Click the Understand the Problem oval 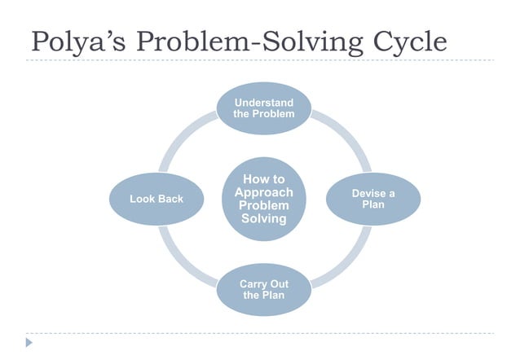click(263, 108)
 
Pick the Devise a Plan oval click(373, 199)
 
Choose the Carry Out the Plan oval click(263, 289)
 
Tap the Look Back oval click(156, 199)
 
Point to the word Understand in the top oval click(263, 103)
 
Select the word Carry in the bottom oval click(253, 283)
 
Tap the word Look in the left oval click(143, 199)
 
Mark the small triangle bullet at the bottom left click(29, 342)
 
